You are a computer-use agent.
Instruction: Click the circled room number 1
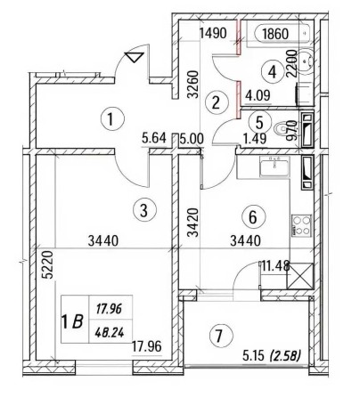coord(109,116)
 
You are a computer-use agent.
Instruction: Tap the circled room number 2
coord(214,102)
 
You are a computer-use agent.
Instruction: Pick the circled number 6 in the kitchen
coord(254,215)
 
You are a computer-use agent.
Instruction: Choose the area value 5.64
coord(159,138)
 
